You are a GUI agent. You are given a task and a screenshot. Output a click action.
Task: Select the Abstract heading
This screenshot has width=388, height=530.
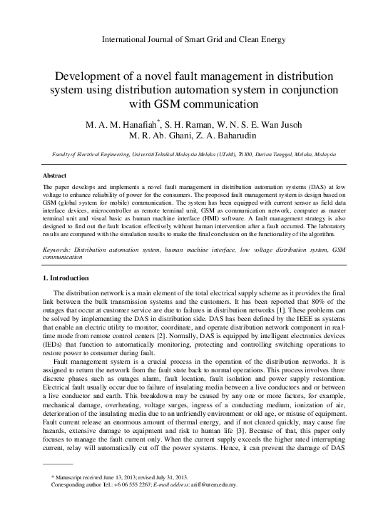(x=56, y=174)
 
